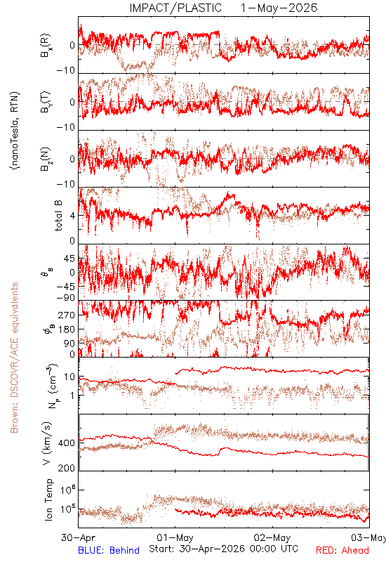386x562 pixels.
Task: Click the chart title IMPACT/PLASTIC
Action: [x=175, y=8]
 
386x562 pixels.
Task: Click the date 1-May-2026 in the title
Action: [x=279, y=8]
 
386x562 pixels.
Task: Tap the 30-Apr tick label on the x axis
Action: [x=79, y=537]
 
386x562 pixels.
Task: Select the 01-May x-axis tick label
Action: [x=175, y=537]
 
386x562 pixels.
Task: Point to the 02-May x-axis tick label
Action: [x=272, y=537]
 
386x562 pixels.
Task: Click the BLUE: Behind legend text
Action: [x=109, y=550]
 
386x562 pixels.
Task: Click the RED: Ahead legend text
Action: [x=342, y=550]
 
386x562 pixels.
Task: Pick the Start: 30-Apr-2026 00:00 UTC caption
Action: [x=223, y=549]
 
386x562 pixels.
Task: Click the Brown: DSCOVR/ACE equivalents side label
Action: [x=14, y=358]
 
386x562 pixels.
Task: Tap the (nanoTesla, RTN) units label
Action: [x=15, y=131]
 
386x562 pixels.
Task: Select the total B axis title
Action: [x=58, y=215]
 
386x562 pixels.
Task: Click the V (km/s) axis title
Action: [x=47, y=443]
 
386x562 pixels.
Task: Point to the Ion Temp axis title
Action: [x=48, y=499]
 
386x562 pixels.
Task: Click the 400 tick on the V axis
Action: [x=67, y=443]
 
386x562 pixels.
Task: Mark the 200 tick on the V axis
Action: [x=67, y=468]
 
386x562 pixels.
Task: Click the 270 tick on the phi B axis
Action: [x=67, y=315]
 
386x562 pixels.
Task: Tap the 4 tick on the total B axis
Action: [x=73, y=216]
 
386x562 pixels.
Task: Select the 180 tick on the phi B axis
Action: [x=67, y=329]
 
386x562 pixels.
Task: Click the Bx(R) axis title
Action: [x=46, y=46]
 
